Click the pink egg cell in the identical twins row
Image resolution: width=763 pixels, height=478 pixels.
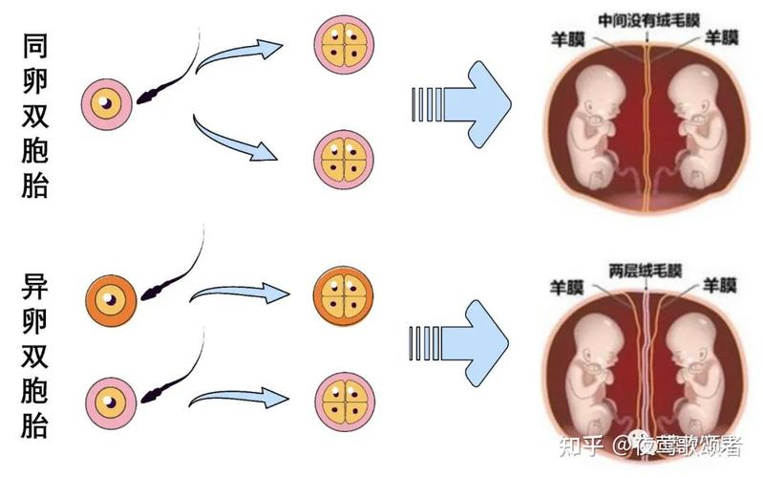coord(109,100)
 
